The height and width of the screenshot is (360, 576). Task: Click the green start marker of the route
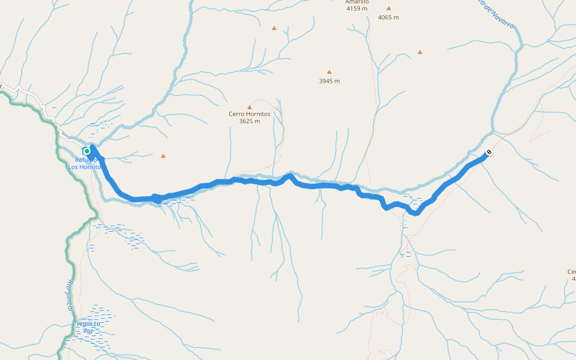tap(87, 151)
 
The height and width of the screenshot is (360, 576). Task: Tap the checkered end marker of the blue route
tap(489, 152)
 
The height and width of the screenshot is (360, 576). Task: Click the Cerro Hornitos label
tap(250, 113)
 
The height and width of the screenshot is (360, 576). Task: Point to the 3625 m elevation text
tap(250, 121)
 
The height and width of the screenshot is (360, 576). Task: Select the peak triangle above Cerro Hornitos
tap(250, 107)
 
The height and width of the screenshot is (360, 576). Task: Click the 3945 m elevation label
tap(329, 81)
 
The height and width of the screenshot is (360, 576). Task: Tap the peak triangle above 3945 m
tap(329, 71)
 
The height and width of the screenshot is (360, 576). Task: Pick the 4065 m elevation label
tap(388, 17)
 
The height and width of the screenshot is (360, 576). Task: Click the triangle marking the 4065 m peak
tap(388, 8)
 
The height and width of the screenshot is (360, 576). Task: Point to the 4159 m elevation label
tap(356, 8)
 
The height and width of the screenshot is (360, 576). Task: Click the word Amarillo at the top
tap(356, 2)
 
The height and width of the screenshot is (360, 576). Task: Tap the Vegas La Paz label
tap(88, 327)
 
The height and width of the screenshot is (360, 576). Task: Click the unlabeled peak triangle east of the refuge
tap(163, 156)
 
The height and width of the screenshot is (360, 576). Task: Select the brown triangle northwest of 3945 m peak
tap(274, 28)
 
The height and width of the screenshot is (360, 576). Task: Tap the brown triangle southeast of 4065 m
tap(420, 52)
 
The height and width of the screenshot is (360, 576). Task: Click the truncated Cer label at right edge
tap(571, 272)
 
